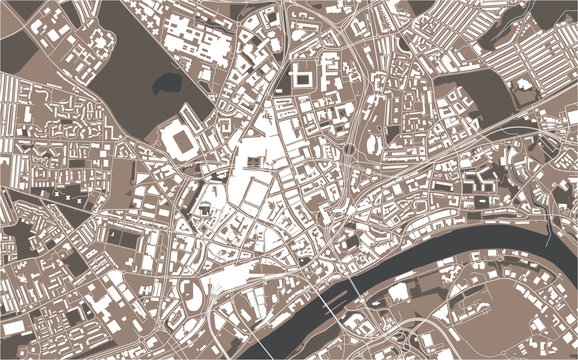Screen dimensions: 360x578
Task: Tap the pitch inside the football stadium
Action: click(x=180, y=140)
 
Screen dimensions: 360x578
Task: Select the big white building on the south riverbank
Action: click(x=399, y=291)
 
